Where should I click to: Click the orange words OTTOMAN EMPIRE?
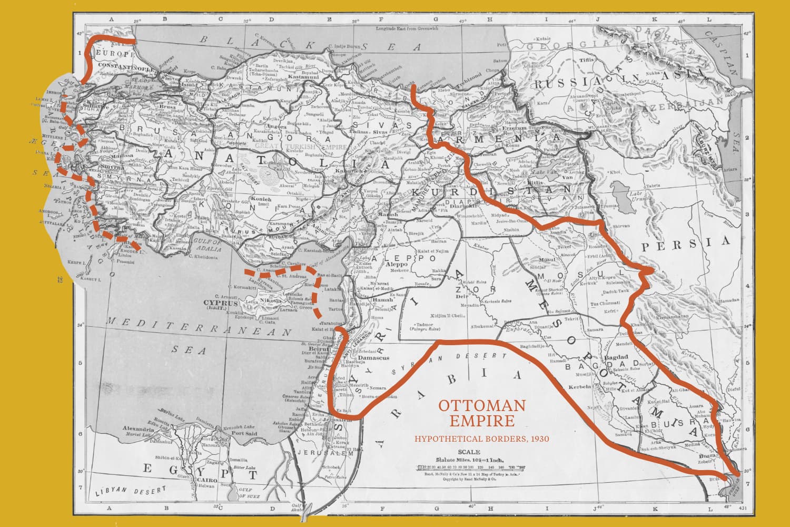coord(482,413)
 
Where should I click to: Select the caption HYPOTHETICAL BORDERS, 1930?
coord(482,438)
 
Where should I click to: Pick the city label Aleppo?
coord(398,264)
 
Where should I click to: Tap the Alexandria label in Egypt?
coord(137,430)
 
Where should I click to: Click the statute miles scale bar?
coord(470,467)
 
